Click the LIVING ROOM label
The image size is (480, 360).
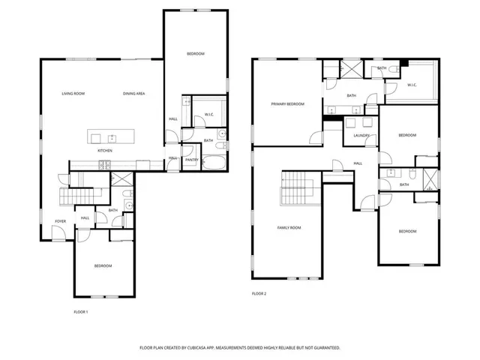[73, 93]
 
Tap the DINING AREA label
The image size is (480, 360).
[133, 93]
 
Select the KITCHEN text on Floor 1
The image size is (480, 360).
[105, 151]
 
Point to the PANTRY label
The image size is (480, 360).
[191, 159]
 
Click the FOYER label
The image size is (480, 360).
[59, 220]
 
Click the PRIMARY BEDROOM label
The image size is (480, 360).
[287, 103]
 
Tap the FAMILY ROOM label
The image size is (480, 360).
[289, 227]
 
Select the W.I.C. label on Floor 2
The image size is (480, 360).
[412, 85]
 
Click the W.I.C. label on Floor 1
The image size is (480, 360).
[209, 115]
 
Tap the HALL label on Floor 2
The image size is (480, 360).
[358, 163]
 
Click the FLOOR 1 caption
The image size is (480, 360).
[80, 311]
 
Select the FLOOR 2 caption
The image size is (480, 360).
[259, 293]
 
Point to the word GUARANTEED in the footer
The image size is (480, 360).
[324, 348]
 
